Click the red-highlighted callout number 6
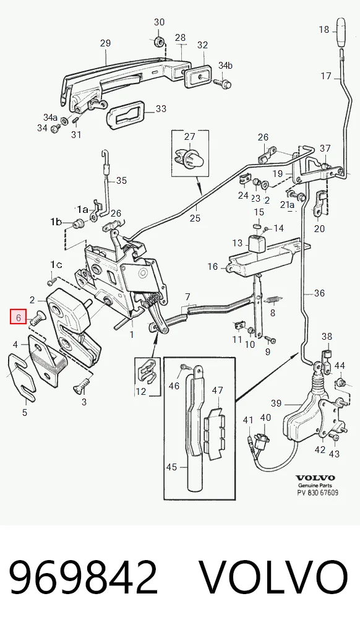pyautogui.click(x=19, y=317)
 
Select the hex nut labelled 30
pyautogui.click(x=158, y=40)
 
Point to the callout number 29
pyautogui.click(x=105, y=43)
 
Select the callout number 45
pyautogui.click(x=171, y=467)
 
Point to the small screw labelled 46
pyautogui.click(x=185, y=367)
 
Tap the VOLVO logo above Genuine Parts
pyautogui.click(x=315, y=478)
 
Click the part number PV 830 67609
pyautogui.click(x=317, y=493)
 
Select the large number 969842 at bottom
pyautogui.click(x=83, y=577)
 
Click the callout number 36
pyautogui.click(x=319, y=293)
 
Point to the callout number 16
pyautogui.click(x=213, y=266)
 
